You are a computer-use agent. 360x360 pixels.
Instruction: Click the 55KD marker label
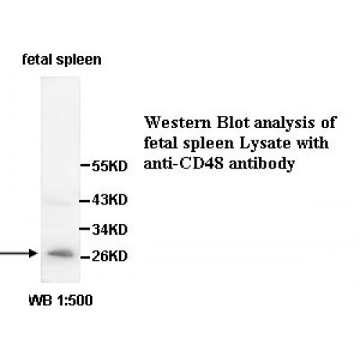[x=110, y=166]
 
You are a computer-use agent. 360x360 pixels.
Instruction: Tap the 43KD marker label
[x=110, y=199]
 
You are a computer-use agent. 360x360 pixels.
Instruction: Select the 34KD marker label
[x=110, y=230]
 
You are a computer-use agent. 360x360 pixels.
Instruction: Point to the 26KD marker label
[x=110, y=255]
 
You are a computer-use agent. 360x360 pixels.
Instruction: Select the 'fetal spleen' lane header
[x=60, y=60]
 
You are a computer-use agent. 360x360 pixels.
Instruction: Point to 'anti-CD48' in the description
[x=176, y=165]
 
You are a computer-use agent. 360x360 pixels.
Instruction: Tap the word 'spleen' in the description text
[x=193, y=143]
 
